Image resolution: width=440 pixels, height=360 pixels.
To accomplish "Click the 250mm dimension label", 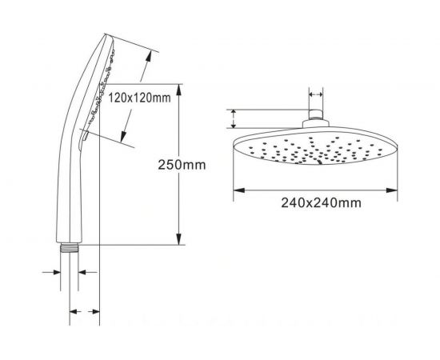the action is pyautogui.click(x=182, y=165).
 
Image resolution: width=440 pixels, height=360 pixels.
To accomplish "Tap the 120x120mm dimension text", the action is pyautogui.click(x=139, y=98).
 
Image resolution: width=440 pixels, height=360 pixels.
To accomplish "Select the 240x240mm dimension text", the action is pyautogui.click(x=322, y=202).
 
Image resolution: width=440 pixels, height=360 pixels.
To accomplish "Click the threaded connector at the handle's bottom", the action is pyautogui.click(x=70, y=247).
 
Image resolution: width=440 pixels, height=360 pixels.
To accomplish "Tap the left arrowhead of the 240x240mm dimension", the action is pyautogui.click(x=239, y=190).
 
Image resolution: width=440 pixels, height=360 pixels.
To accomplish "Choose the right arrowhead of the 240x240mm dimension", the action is pyautogui.click(x=392, y=190).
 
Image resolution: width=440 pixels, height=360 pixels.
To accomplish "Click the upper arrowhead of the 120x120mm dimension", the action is pyautogui.click(x=149, y=57).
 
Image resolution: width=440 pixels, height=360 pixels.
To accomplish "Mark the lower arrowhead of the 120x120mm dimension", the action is pyautogui.click(x=123, y=136).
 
